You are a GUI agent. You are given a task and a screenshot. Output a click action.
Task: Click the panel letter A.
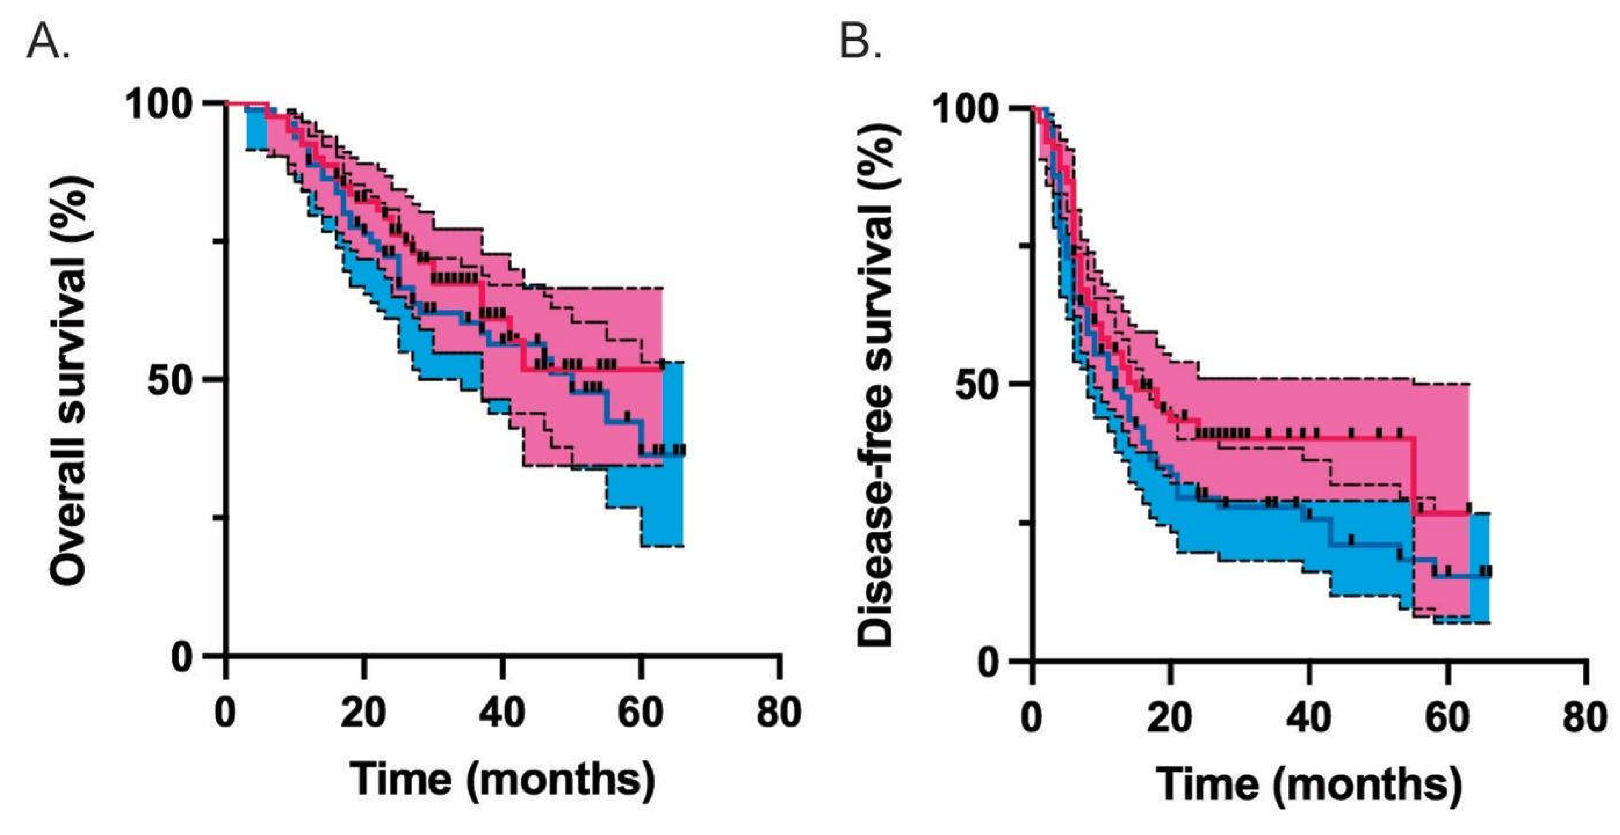pos(48,43)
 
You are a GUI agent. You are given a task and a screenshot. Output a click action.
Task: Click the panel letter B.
pos(859,43)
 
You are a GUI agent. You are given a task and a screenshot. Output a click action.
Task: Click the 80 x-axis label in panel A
pos(779,713)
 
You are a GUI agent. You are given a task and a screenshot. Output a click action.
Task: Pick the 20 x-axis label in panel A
pos(363,713)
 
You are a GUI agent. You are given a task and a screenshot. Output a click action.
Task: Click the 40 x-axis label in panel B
pos(1309,717)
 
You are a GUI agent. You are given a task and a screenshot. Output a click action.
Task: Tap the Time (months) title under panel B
pos(1309,784)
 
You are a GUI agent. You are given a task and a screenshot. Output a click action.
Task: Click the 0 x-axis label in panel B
pos(1031,717)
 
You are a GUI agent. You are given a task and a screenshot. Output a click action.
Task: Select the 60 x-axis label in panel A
pos(640,713)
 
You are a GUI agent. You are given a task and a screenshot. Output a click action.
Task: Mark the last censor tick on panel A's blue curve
pos(681,449)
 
